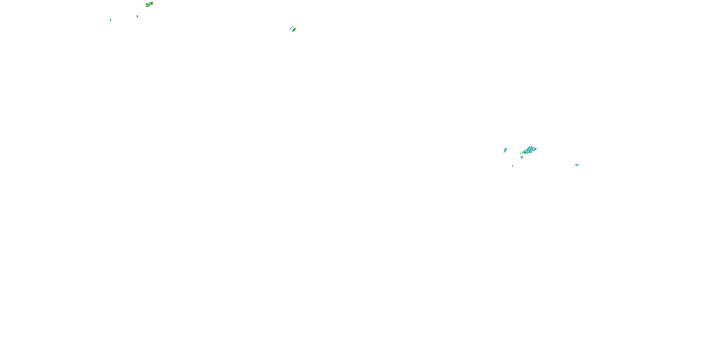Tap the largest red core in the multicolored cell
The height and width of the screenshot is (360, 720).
(151, 3)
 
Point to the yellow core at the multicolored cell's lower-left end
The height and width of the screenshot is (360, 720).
(147, 6)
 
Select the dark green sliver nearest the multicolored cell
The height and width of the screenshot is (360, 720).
(137, 16)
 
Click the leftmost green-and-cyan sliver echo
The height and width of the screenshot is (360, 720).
(110, 20)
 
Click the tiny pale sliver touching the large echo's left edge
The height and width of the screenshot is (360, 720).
(521, 153)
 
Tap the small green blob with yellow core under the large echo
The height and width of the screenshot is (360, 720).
(522, 158)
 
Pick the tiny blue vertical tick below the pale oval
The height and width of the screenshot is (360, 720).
(513, 166)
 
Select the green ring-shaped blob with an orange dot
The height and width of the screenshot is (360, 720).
(577, 165)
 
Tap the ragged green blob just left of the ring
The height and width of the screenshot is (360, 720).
(575, 165)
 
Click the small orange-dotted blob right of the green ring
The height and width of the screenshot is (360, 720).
(579, 165)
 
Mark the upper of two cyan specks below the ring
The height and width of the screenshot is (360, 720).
(578, 171)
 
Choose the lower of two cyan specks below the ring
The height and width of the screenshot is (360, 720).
(581, 174)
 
